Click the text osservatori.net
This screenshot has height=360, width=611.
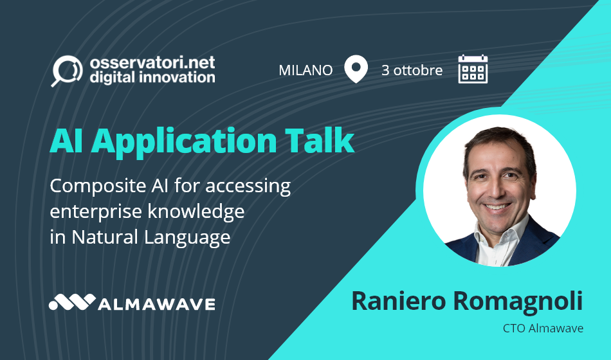(152, 63)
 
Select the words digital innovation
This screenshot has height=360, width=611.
(152, 78)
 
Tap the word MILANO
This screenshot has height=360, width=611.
(305, 70)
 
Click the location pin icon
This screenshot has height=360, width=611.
(356, 69)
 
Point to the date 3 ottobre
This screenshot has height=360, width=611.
(412, 70)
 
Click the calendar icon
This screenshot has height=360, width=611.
(473, 69)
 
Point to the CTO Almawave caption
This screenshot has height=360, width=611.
(543, 328)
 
